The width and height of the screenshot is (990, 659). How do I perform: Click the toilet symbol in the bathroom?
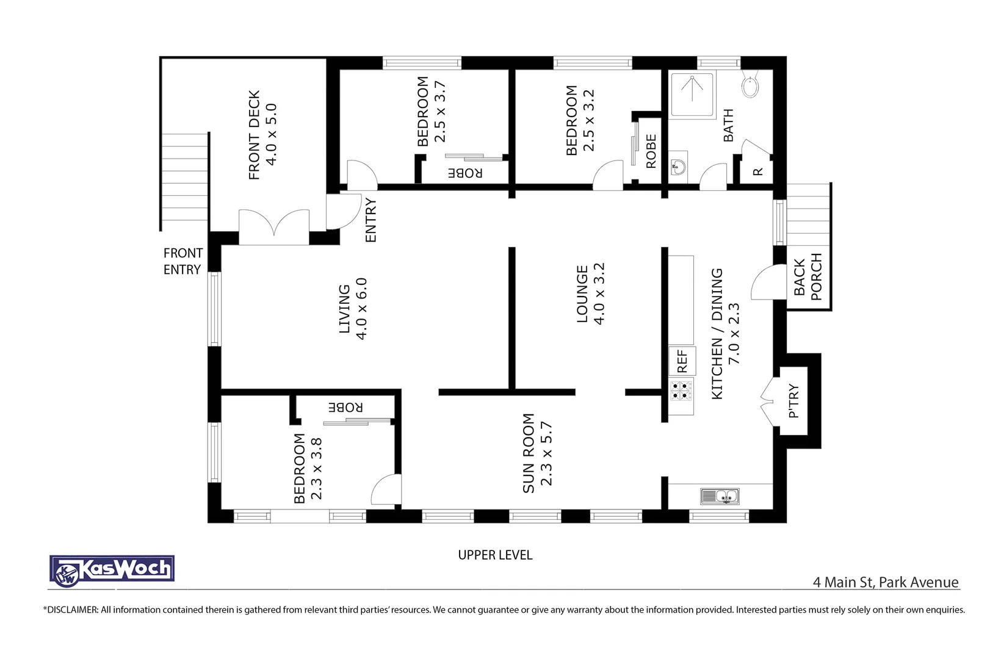coord(750,87)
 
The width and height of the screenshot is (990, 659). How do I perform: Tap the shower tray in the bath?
coord(692,95)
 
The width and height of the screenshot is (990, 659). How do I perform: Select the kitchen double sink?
coord(720,497)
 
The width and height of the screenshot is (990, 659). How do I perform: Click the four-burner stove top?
coord(681,391)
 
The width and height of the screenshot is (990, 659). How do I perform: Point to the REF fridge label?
coord(682,361)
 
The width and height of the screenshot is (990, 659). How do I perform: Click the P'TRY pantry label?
coord(793,400)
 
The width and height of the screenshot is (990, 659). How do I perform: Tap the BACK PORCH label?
coord(808,276)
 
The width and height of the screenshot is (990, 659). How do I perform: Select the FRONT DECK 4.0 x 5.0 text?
coord(263,135)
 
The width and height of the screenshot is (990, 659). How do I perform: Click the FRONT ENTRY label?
coord(182,261)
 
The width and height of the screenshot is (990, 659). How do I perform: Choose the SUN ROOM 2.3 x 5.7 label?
coord(537,453)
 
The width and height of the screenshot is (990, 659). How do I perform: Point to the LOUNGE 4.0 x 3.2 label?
coord(590,293)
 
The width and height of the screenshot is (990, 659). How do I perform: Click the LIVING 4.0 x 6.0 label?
coord(353,308)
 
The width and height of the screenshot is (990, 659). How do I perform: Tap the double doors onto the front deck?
coord(274,226)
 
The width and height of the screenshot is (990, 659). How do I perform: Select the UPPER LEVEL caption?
coord(495,555)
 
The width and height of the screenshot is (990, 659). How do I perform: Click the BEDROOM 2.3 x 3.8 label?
coord(308,468)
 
